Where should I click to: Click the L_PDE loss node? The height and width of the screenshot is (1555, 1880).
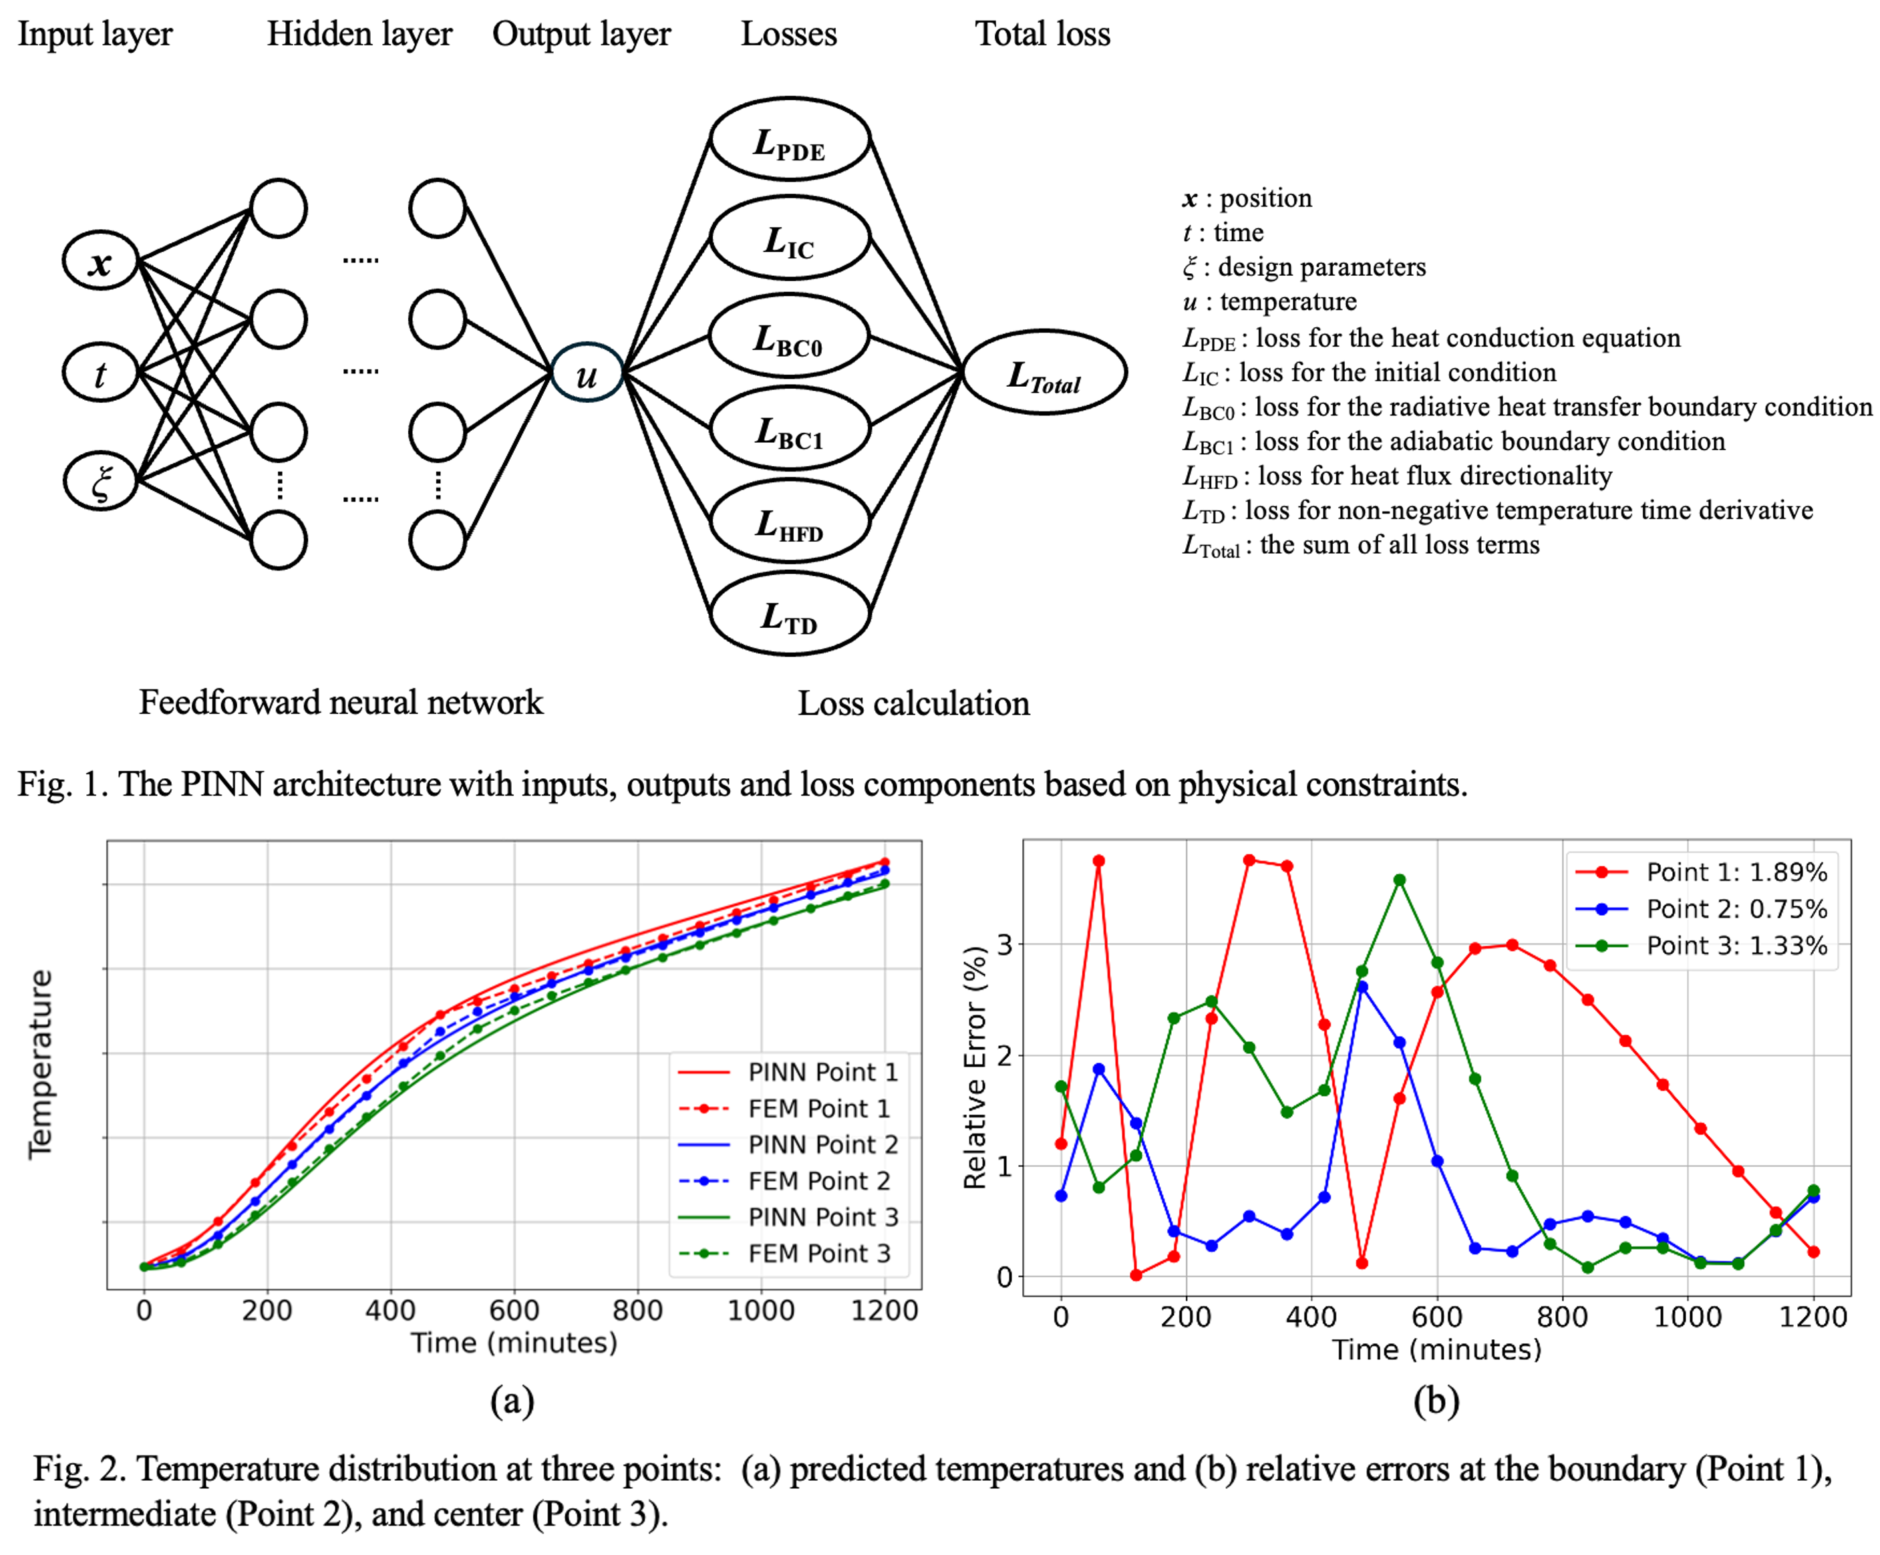click(x=790, y=140)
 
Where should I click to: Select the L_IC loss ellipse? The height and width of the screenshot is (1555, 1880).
click(x=790, y=238)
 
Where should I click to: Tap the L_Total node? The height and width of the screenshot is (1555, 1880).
click(x=1044, y=373)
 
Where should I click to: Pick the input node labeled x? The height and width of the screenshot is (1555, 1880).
click(x=100, y=261)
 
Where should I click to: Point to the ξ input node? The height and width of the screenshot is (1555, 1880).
click(x=100, y=481)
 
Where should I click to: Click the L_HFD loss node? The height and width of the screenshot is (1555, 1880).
click(x=790, y=522)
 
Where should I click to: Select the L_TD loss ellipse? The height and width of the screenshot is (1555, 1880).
click(x=790, y=615)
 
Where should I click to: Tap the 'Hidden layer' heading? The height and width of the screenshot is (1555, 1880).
click(x=359, y=34)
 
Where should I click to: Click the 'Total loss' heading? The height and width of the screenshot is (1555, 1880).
click(x=1042, y=34)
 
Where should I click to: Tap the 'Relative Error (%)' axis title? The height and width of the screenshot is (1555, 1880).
click(x=974, y=1067)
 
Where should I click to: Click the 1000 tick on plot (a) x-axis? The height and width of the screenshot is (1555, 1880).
click(x=761, y=1311)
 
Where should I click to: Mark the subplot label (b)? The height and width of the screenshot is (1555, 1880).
click(x=1436, y=1400)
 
